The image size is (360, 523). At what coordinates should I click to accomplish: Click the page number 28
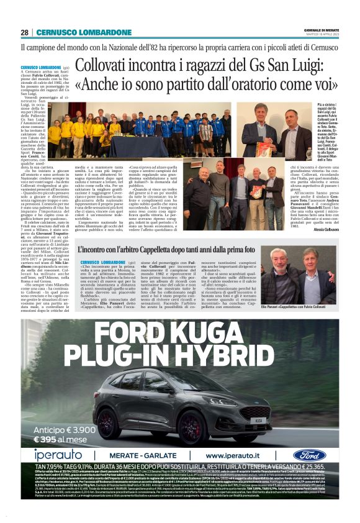pyautogui.click(x=24, y=32)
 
